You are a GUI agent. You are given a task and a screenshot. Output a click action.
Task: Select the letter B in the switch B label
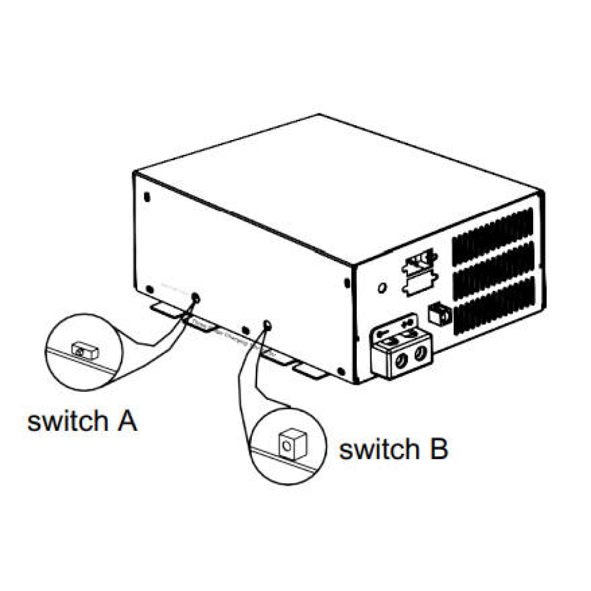[x=437, y=449]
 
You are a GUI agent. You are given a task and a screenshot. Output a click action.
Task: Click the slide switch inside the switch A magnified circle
[x=83, y=350]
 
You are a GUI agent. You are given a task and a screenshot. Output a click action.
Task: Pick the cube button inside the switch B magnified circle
[x=290, y=442]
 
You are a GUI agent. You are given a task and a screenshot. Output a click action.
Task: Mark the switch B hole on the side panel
[x=267, y=324]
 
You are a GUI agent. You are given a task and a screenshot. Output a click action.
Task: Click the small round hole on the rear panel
[x=382, y=288]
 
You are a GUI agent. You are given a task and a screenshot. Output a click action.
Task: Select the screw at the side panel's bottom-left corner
[x=150, y=289]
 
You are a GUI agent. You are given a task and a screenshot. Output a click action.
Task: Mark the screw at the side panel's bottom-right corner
[x=340, y=371]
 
